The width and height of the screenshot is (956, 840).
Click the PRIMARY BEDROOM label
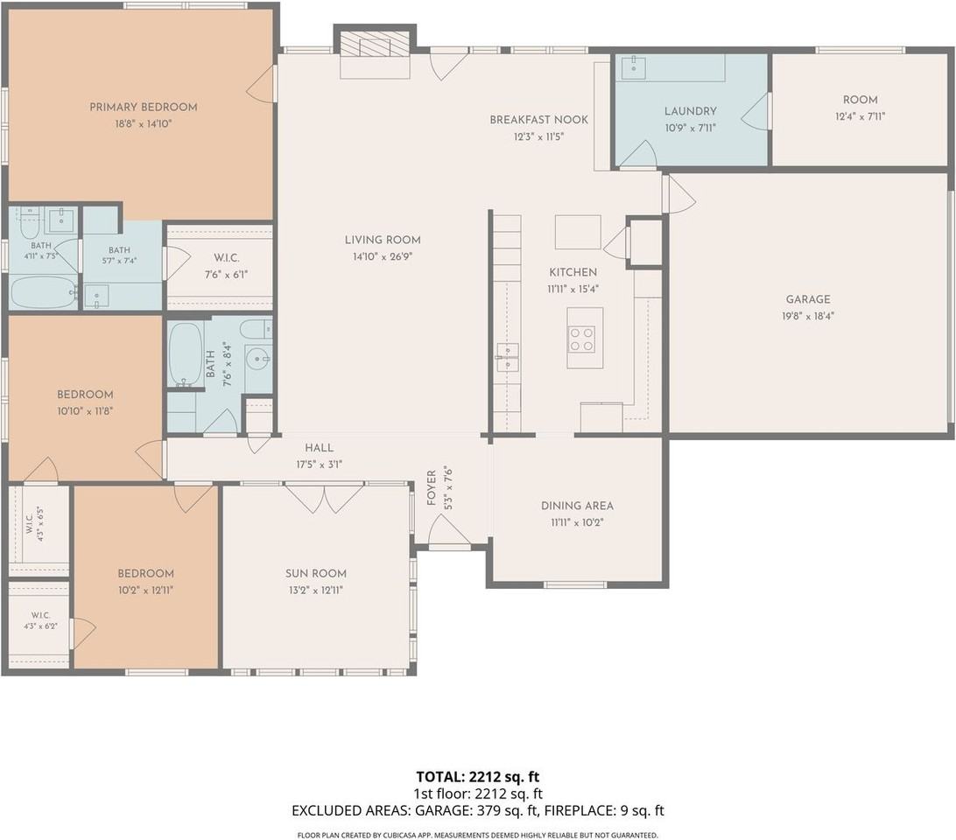coord(144,108)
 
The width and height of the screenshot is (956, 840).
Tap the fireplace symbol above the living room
coord(375,45)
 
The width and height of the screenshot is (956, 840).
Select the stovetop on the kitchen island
coord(581,339)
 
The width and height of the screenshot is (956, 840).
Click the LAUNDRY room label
coord(690,111)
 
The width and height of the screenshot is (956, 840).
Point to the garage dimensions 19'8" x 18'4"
coord(808,316)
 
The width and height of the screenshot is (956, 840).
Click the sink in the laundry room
coord(634,67)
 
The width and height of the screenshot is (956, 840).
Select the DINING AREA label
coord(577,506)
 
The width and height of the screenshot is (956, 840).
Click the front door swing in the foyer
coord(448,529)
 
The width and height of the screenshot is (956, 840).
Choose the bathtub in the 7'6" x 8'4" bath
coord(186,354)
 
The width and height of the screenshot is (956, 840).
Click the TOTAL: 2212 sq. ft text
coord(477,777)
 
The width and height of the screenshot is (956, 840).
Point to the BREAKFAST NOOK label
coord(539,120)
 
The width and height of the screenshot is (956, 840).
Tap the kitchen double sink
coord(507,357)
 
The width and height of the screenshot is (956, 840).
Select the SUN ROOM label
coord(316,573)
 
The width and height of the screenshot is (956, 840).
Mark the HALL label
coord(319,447)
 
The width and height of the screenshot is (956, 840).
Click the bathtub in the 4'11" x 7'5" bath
coord(43,292)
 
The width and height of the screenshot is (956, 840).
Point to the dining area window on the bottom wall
coord(575,584)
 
